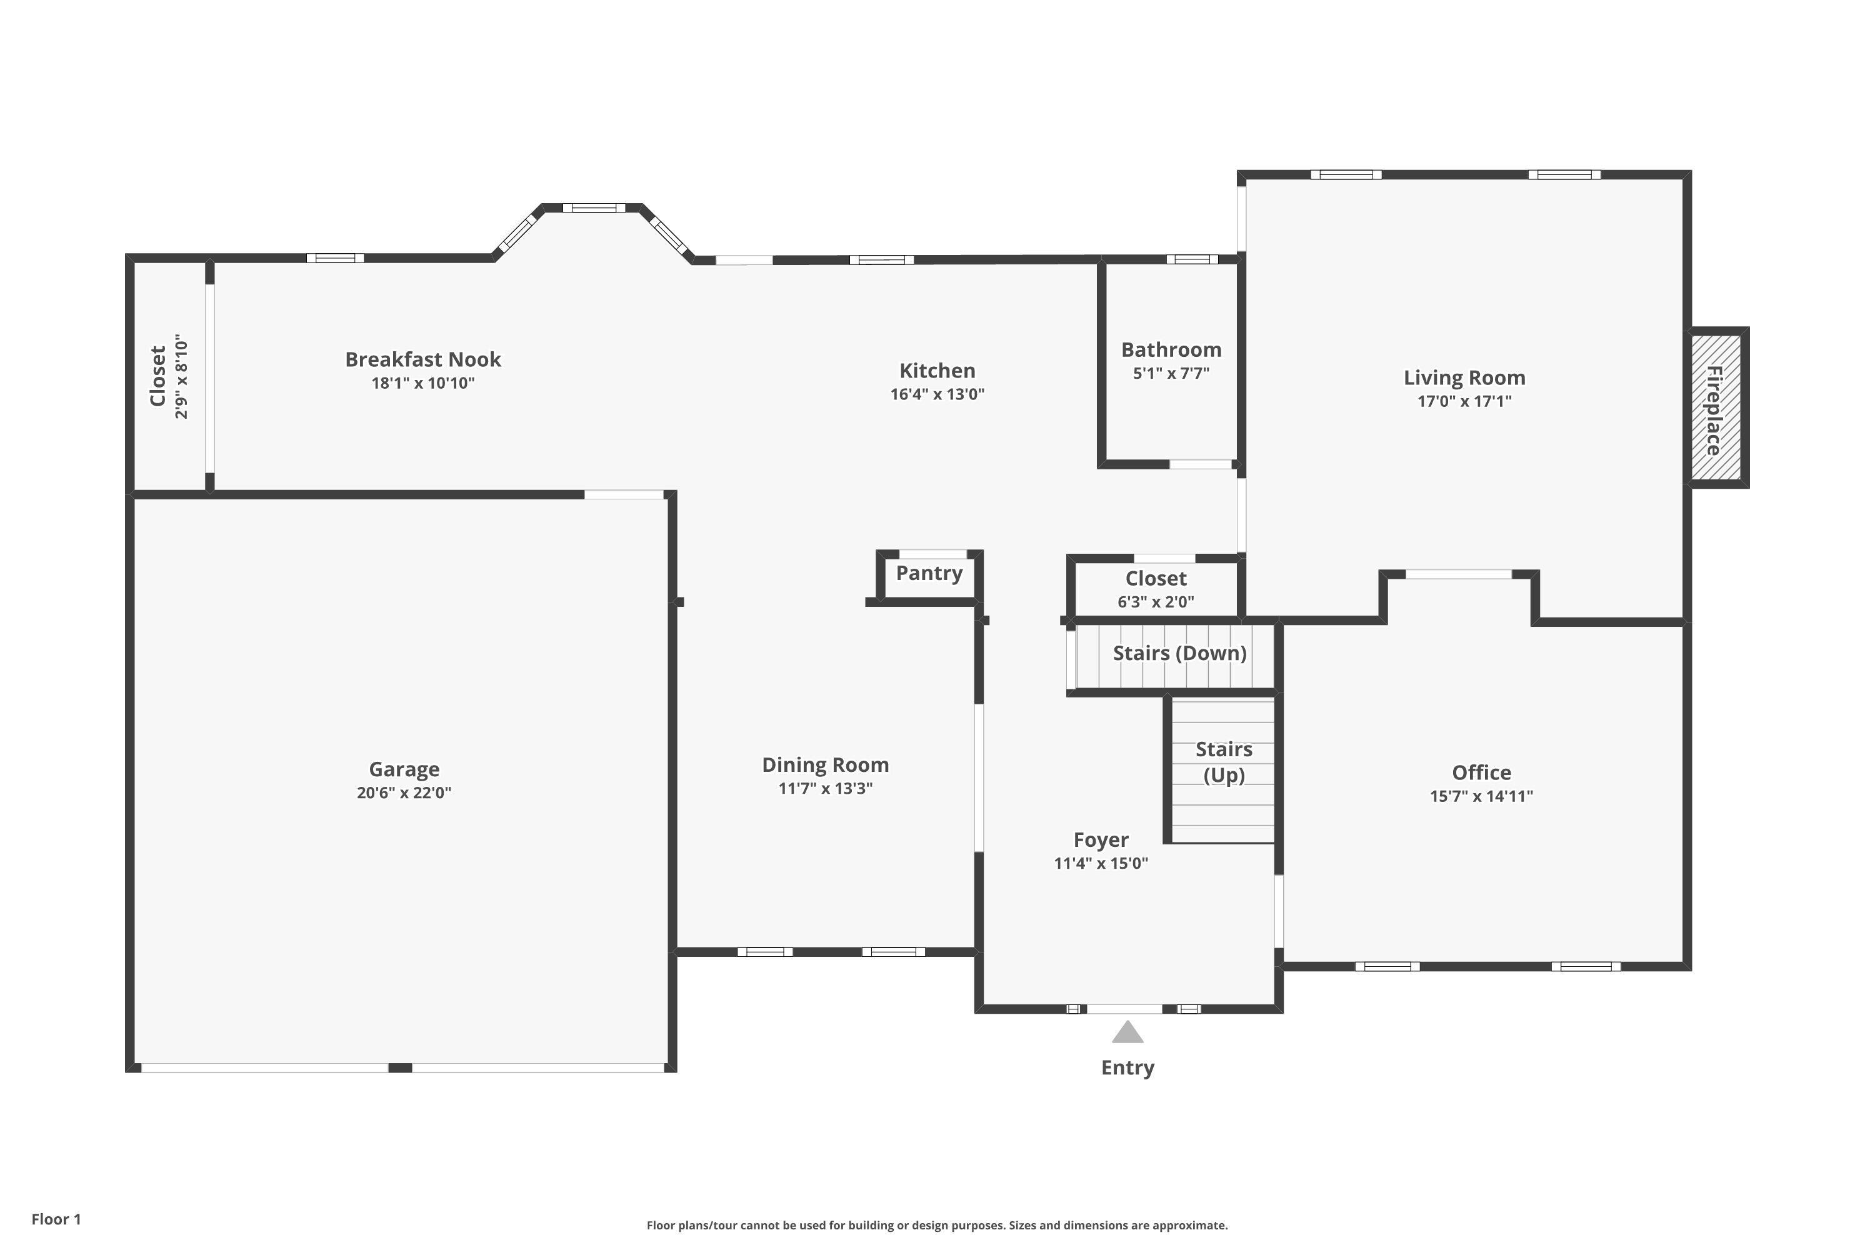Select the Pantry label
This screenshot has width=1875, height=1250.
pyautogui.click(x=929, y=573)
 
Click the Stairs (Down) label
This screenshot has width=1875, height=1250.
pyautogui.click(x=1179, y=653)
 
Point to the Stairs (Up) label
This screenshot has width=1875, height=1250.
pyautogui.click(x=1224, y=761)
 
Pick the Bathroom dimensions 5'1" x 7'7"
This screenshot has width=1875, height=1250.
pyautogui.click(x=1171, y=373)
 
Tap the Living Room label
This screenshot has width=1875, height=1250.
pyautogui.click(x=1464, y=378)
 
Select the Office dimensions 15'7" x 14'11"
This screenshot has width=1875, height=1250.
pyautogui.click(x=1481, y=796)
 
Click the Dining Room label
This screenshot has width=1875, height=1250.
pyautogui.click(x=825, y=765)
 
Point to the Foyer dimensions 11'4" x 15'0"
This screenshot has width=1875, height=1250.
pyautogui.click(x=1100, y=862)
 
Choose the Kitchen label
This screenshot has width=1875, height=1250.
pyautogui.click(x=937, y=371)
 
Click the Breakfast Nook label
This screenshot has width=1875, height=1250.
pyautogui.click(x=422, y=359)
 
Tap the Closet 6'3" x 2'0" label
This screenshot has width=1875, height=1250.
pyautogui.click(x=1155, y=579)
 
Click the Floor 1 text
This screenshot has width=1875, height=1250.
pyautogui.click(x=56, y=1219)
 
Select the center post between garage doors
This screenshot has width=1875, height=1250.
pyautogui.click(x=400, y=1067)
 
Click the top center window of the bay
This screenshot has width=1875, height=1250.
pyautogui.click(x=594, y=208)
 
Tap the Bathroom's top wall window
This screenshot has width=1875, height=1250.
pyautogui.click(x=1192, y=259)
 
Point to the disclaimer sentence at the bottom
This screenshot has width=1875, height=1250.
pyautogui.click(x=937, y=1225)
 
